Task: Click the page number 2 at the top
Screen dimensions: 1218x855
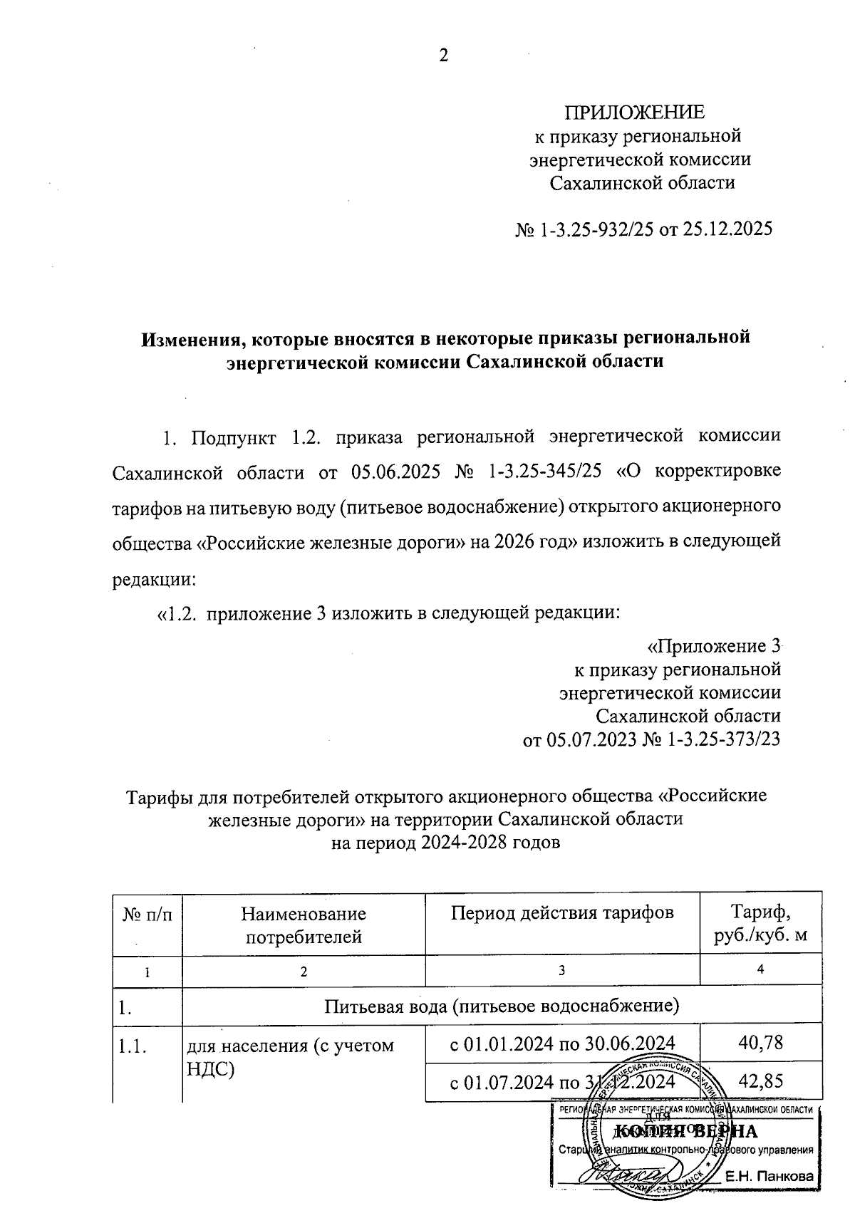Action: pos(443,56)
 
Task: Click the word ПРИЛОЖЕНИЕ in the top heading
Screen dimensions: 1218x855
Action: pos(634,113)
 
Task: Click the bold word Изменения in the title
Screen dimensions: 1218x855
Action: pos(189,338)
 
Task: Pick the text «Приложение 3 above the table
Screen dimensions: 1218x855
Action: pos(713,646)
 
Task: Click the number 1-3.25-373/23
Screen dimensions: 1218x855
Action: pos(724,739)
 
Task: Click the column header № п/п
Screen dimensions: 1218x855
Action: pos(147,914)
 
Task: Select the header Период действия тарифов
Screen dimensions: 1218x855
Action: pos(562,912)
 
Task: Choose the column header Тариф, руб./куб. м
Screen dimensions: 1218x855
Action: pos(761,923)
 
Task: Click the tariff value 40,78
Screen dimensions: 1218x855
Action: pos(761,1043)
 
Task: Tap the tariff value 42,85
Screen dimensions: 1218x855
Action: pos(761,1081)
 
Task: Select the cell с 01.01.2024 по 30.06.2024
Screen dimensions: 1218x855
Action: pos(562,1044)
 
